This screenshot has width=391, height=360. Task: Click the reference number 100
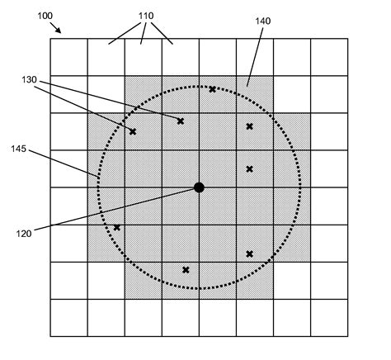[x=45, y=16]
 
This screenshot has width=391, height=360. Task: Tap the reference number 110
[x=146, y=16]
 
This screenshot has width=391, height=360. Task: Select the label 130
[x=29, y=80]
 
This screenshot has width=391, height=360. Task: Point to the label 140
[x=263, y=21]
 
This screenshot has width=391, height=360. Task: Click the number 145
[x=19, y=149]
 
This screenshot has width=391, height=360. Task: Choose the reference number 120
[x=24, y=234]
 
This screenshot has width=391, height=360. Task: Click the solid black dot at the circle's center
[x=199, y=187]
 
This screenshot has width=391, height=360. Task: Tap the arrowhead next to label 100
[x=58, y=30]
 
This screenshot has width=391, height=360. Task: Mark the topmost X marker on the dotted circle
[x=212, y=89]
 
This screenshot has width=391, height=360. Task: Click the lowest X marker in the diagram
[x=186, y=270]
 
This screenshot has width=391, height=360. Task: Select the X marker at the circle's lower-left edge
[x=117, y=228]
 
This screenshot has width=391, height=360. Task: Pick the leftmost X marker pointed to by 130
[x=133, y=132]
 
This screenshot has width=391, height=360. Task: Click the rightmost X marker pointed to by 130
[x=181, y=121]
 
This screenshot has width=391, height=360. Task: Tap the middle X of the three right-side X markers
[x=249, y=169]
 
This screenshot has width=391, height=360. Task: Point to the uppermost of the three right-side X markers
[x=249, y=126]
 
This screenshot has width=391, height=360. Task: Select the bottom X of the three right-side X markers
[x=249, y=254]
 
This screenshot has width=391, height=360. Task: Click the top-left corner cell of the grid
[x=69, y=57]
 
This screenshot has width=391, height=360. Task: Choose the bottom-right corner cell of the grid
[x=329, y=318]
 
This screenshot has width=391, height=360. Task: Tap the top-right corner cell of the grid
[x=329, y=57]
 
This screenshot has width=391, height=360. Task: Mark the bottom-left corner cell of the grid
[x=69, y=318]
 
